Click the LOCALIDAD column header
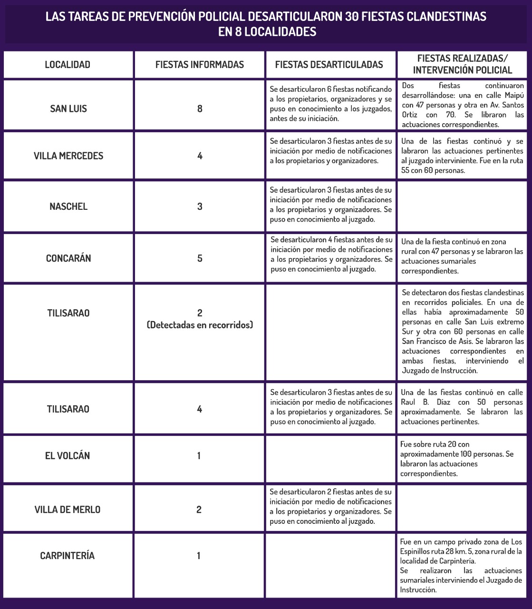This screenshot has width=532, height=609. click(x=68, y=65)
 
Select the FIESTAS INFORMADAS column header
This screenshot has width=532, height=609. click(x=200, y=65)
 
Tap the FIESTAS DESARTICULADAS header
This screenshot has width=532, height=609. click(x=329, y=65)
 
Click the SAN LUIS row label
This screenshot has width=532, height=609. click(x=68, y=108)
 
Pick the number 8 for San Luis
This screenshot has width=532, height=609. click(x=200, y=108)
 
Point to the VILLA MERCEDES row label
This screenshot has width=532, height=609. click(x=68, y=156)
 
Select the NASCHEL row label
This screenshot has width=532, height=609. click(x=68, y=206)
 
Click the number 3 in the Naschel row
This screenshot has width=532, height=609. click(x=200, y=206)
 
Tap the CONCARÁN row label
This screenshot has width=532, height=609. click(x=68, y=258)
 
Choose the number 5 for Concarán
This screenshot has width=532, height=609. click(x=200, y=258)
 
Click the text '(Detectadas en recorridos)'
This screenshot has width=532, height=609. click(x=200, y=325)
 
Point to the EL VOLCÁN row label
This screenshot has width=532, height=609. click(x=68, y=456)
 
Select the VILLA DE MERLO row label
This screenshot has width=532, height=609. click(x=68, y=510)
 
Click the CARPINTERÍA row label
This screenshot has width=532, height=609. click(x=68, y=556)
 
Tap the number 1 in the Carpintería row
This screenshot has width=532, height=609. click(x=199, y=556)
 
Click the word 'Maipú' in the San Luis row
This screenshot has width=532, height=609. click(x=514, y=95)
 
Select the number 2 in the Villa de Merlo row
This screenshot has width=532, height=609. click(x=199, y=510)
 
